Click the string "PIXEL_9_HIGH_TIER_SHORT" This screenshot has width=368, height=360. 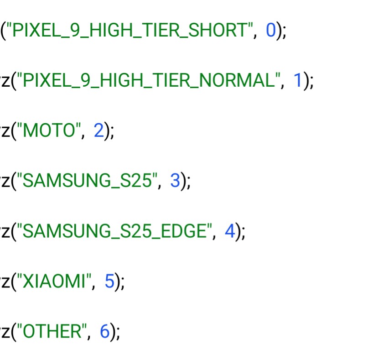tap(130, 31)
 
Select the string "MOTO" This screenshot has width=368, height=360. tap(49, 131)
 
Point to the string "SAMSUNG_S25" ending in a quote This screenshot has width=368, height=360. tap(87, 181)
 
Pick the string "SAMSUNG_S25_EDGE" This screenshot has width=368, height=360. tap(114, 231)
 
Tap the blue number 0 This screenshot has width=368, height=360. tap(270, 31)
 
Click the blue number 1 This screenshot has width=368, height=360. tap(298, 81)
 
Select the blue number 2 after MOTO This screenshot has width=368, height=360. tap(98, 131)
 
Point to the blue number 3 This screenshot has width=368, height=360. tap(175, 181)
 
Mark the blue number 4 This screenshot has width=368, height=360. tap(229, 231)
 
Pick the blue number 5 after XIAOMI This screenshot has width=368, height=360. tap(109, 282)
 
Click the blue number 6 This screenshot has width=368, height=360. tap(104, 332)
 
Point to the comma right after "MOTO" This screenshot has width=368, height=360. tap(83, 136)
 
